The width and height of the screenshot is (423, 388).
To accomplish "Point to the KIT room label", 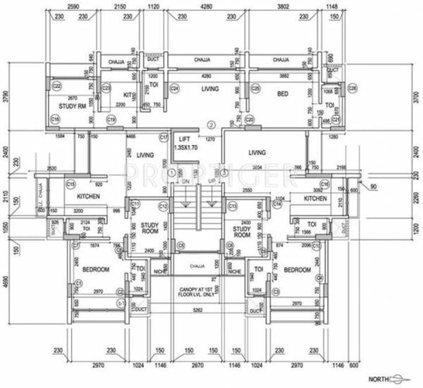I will tap(128, 94).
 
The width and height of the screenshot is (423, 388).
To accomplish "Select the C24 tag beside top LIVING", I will tap(174, 89).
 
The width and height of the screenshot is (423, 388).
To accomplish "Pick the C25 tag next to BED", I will tap(256, 89).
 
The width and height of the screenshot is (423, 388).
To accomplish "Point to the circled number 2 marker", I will tap(209, 127).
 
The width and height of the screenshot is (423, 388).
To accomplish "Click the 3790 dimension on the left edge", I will tap(6, 95).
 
